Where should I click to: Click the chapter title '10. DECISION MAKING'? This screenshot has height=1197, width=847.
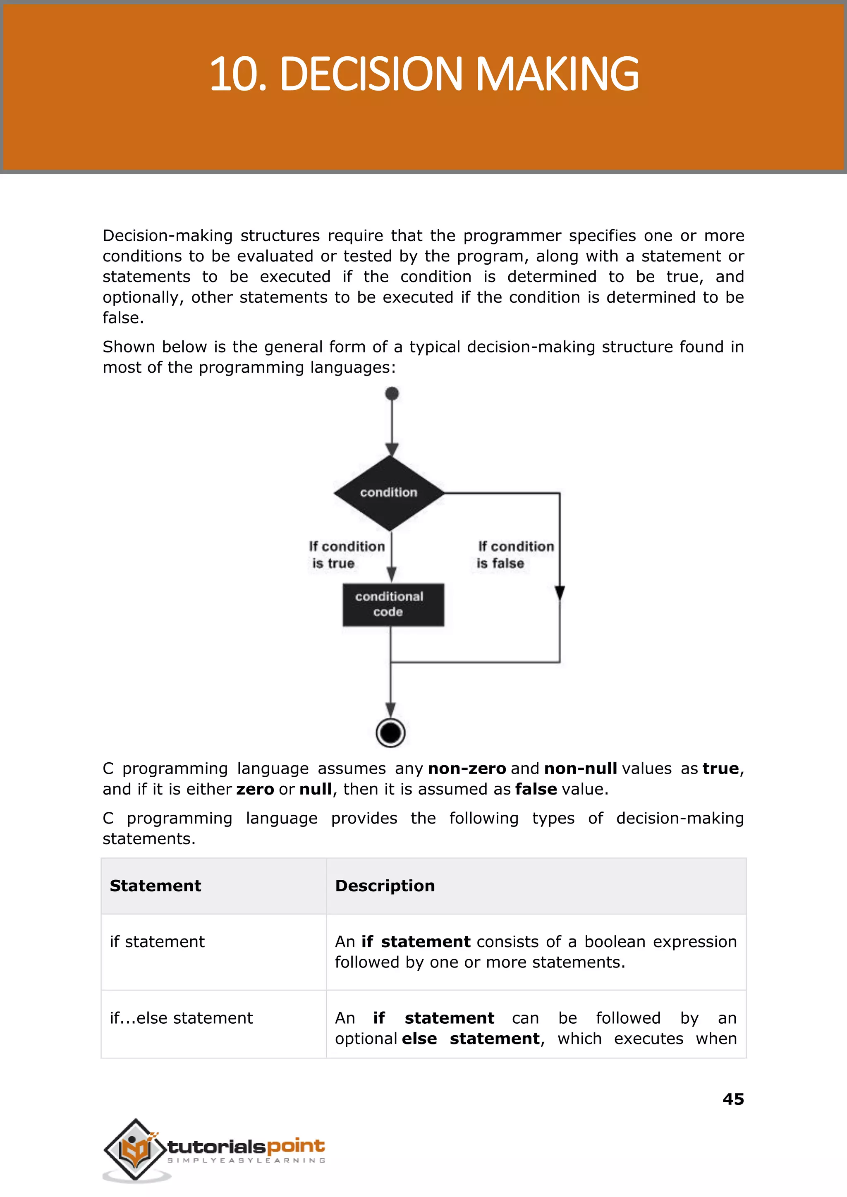(423, 74)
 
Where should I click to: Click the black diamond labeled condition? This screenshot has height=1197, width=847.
(389, 492)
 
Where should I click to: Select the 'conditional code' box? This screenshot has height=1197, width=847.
(393, 605)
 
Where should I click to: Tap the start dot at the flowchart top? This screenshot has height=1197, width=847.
(392, 393)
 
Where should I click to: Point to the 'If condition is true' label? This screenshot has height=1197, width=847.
(346, 554)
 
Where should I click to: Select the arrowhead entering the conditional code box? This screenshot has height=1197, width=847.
(392, 574)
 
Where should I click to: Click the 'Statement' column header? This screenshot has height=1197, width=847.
(156, 886)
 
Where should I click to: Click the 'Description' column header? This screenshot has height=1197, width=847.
(385, 886)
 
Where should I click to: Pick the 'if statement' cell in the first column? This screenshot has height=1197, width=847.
(157, 941)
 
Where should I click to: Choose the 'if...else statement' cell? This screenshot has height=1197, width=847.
(181, 1017)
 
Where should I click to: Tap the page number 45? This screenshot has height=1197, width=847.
(733, 1099)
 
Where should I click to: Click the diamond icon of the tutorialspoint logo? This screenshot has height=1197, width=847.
(135, 1149)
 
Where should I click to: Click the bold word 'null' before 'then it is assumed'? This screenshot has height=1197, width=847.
(315, 789)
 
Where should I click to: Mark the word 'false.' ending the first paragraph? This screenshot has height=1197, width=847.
(123, 318)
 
